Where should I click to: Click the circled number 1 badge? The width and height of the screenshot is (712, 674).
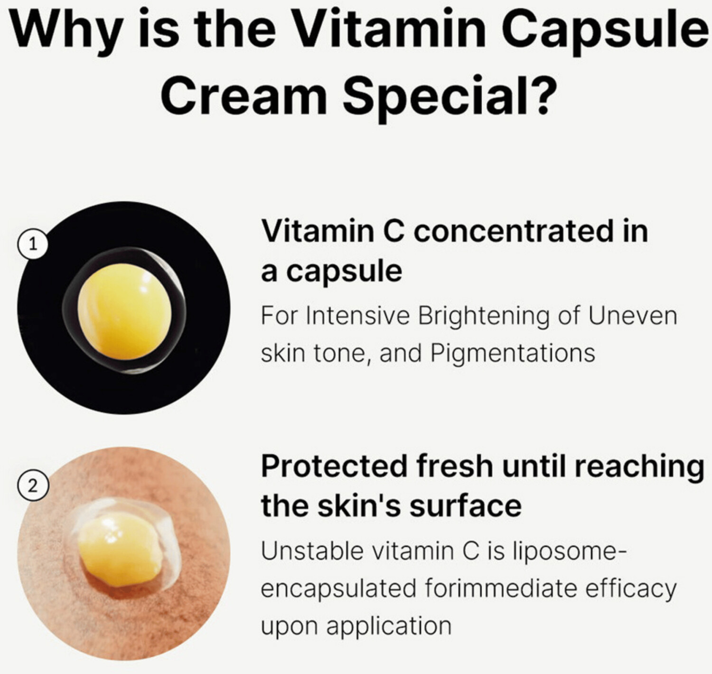(33, 245)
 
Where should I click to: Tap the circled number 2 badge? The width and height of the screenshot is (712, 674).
(33, 486)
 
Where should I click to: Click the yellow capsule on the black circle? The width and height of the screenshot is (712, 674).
(124, 312)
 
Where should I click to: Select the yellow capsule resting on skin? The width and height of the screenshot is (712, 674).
(120, 550)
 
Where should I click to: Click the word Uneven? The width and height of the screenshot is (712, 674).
(632, 315)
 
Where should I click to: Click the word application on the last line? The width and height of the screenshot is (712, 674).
(389, 627)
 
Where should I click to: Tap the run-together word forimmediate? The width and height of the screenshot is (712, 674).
(500, 589)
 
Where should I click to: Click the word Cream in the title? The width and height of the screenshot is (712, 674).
(244, 95)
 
